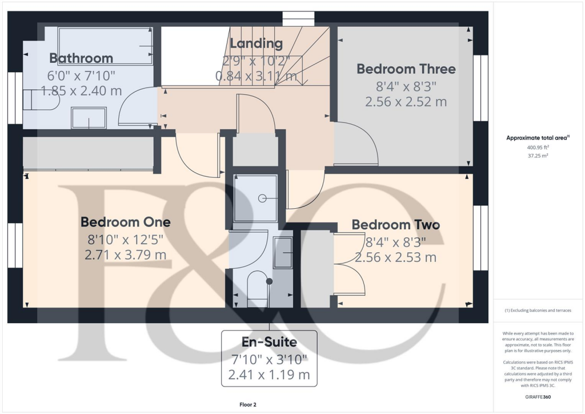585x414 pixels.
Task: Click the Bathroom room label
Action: tap(81, 58)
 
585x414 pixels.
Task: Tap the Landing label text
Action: tap(256, 43)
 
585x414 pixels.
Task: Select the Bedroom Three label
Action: tap(406, 69)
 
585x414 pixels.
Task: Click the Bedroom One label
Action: tap(125, 221)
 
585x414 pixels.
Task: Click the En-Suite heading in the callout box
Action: tap(268, 343)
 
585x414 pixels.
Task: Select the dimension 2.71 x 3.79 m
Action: tap(125, 254)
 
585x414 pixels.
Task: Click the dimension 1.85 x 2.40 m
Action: tap(81, 90)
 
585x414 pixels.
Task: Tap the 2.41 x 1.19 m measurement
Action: tap(268, 375)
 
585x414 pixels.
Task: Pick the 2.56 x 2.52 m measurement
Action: tap(406, 102)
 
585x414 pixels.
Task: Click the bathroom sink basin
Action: tap(88, 118)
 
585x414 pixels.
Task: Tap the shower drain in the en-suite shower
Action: tap(263, 198)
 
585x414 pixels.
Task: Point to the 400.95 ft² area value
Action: tap(536, 147)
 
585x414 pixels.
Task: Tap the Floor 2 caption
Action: tap(248, 405)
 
